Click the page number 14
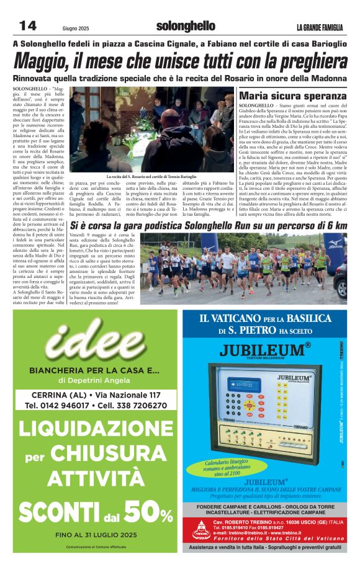[x=28, y=25]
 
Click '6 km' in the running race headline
[x=335, y=226]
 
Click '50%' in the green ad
[x=148, y=512]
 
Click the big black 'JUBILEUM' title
[x=261, y=348]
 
